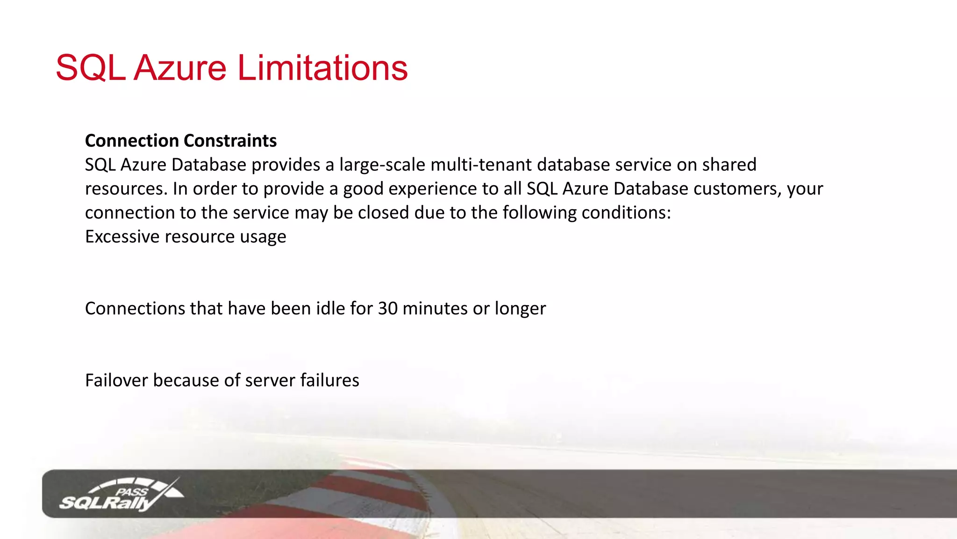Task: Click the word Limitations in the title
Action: (322, 68)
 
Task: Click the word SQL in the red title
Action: (90, 68)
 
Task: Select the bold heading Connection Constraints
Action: (181, 140)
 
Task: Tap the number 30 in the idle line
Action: (387, 308)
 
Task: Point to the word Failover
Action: (116, 380)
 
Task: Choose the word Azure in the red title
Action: (180, 68)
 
